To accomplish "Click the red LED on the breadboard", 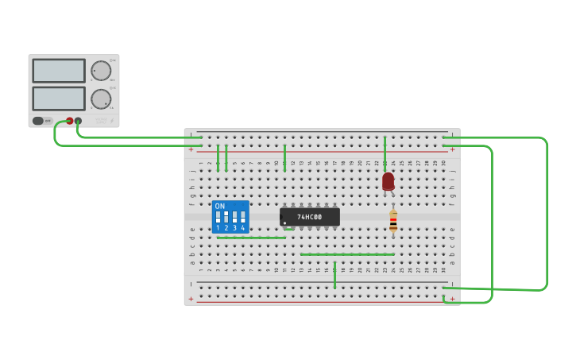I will [x=388, y=181].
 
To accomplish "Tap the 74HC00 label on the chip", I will [x=310, y=217].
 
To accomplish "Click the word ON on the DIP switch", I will [x=219, y=206].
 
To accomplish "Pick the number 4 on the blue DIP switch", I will [x=243, y=228].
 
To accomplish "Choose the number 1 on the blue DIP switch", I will [x=218, y=228].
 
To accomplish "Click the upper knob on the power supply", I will [x=101, y=71].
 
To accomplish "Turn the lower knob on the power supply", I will [x=101, y=99].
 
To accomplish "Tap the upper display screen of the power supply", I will [x=59, y=71].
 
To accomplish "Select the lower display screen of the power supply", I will [x=59, y=99].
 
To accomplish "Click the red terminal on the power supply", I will [x=69, y=121].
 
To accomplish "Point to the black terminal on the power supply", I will [x=78, y=121].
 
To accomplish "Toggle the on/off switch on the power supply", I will [x=38, y=121].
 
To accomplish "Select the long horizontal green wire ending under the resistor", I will [x=347, y=254].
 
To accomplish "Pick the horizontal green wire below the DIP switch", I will [x=251, y=238].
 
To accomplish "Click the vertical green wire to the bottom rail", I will [x=334, y=274].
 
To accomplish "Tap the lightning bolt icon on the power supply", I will [x=112, y=121].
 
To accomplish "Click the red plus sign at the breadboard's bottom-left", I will [x=191, y=300].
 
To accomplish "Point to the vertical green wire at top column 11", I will [x=284, y=157].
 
